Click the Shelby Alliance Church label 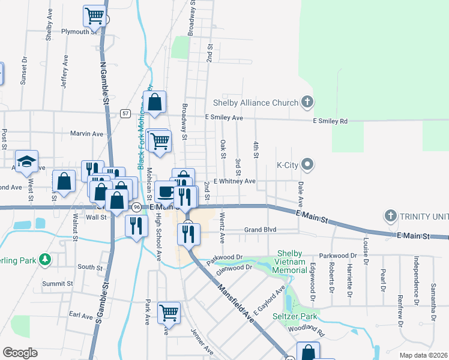tap(256, 103)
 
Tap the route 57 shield tap(125, 113)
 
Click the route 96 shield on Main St tap(137, 207)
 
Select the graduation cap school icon tap(27, 161)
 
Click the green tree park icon tap(44, 260)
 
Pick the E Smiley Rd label tap(330, 121)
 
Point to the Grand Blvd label tap(260, 230)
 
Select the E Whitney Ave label tap(234, 181)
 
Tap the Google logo tap(20, 353)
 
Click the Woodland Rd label tap(306, 330)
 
